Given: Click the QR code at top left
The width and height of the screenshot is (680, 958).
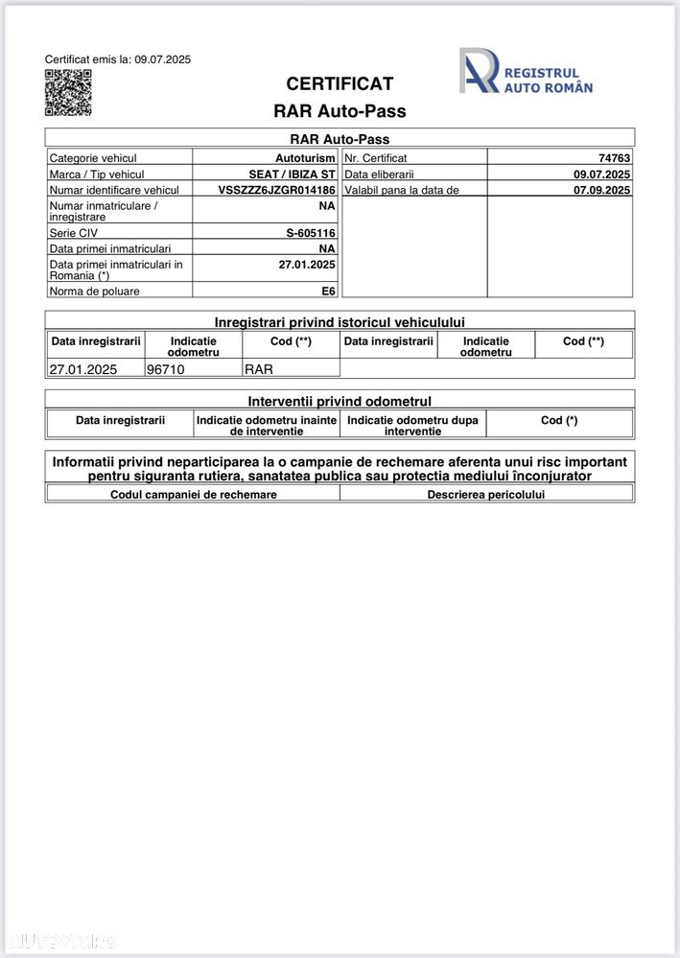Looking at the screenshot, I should pyautogui.click(x=68, y=93).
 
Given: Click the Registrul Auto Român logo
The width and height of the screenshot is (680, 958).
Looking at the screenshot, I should pyautogui.click(x=526, y=72).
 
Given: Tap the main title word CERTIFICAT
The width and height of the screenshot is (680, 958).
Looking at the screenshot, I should pyautogui.click(x=340, y=83).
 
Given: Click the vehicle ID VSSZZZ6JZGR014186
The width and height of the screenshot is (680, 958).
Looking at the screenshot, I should pyautogui.click(x=276, y=191).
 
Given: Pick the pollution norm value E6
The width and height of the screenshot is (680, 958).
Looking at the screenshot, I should pyautogui.click(x=328, y=291).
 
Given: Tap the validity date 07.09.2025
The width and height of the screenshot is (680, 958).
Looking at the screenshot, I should pyautogui.click(x=601, y=191).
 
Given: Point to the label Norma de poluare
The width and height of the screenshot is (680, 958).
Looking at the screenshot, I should pyautogui.click(x=94, y=291).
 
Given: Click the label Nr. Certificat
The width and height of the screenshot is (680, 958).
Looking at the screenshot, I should pyautogui.click(x=376, y=158).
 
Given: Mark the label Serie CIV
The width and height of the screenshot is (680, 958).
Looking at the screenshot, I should pyautogui.click(x=74, y=233).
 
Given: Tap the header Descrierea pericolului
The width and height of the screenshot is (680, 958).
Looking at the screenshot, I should pyautogui.click(x=485, y=494).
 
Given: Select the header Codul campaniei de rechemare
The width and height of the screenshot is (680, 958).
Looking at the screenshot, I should pyautogui.click(x=194, y=494).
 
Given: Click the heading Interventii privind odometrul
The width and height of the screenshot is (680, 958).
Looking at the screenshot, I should pyautogui.click(x=340, y=401).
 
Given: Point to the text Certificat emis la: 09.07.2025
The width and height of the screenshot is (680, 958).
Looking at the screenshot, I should pyautogui.click(x=118, y=59).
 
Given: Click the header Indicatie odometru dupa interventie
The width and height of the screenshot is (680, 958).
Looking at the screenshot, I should pyautogui.click(x=412, y=425).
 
